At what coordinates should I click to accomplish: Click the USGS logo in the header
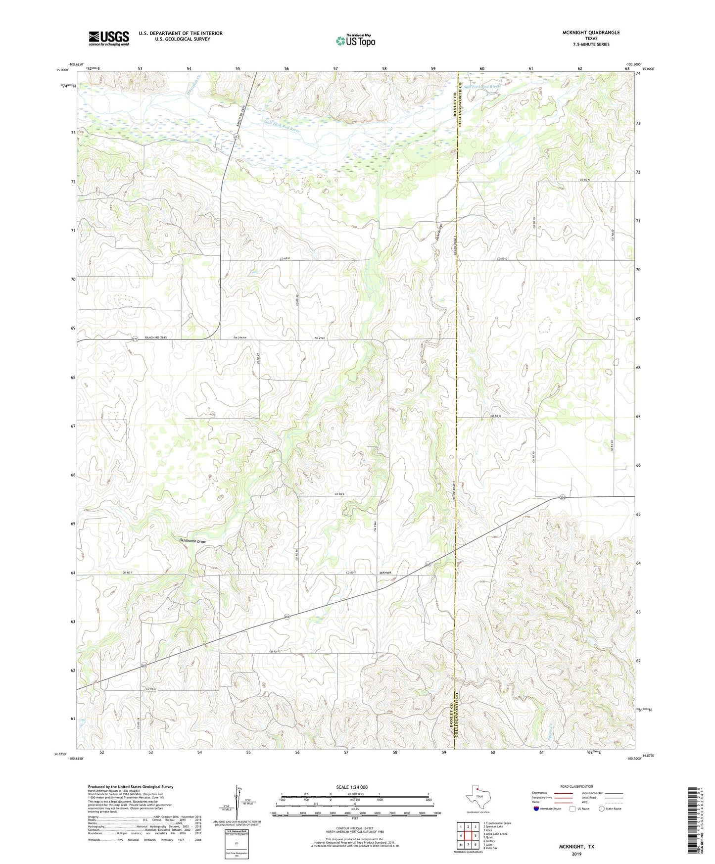[x=109, y=38]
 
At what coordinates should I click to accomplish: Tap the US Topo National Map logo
[x=355, y=41]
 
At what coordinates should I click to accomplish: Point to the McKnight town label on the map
[x=385, y=573]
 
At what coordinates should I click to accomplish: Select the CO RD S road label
[x=339, y=494]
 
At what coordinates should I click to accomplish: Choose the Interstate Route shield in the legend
[x=537, y=809]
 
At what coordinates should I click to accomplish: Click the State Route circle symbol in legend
[x=602, y=809]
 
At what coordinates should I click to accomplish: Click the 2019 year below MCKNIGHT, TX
[x=576, y=854]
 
